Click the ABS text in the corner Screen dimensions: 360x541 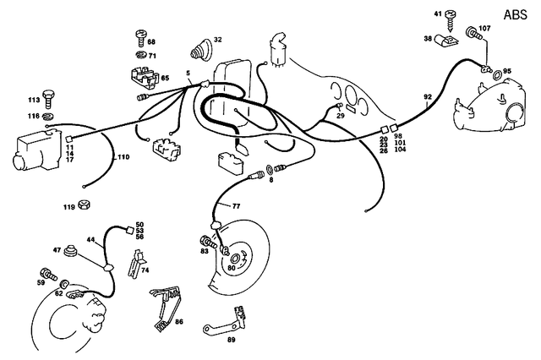pos(515,14)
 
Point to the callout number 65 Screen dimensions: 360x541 pos(164,78)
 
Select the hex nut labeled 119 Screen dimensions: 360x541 pos(85,205)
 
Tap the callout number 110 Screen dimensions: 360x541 pos(123,157)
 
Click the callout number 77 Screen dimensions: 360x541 pos(236,205)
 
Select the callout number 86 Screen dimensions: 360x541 pos(178,322)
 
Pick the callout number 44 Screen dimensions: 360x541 pos(90,241)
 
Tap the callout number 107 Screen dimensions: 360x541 pos(484,30)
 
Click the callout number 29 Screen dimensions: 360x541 pos(341,115)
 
